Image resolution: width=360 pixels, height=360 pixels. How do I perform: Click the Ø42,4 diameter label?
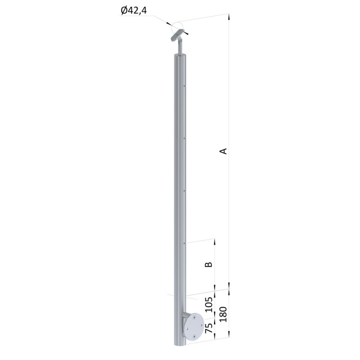(x=133, y=10)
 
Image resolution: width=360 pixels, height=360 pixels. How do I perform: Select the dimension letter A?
(x=223, y=151)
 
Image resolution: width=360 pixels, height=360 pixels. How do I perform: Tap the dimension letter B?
(x=208, y=264)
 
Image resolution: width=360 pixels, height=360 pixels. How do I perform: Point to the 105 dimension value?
(x=208, y=304)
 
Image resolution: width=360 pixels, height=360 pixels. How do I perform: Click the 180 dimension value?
(x=223, y=314)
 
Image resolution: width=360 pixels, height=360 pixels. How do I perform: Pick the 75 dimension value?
(x=208, y=328)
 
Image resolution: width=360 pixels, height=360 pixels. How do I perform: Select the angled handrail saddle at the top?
(x=177, y=35)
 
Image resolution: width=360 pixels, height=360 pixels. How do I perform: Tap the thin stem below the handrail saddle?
(x=180, y=47)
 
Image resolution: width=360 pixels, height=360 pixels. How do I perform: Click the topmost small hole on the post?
(x=184, y=86)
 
